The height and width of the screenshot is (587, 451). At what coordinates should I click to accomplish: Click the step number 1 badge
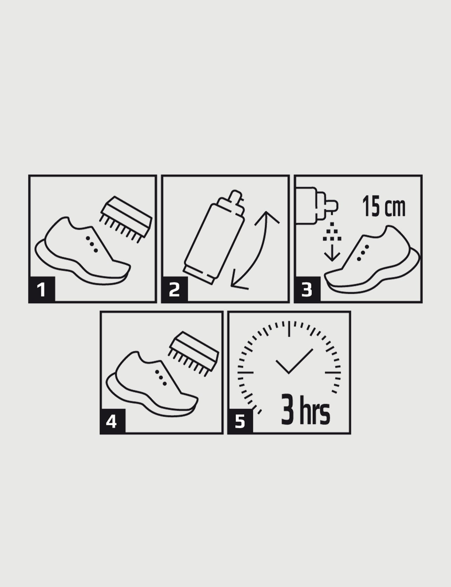42,289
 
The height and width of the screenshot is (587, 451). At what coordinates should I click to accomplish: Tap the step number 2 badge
175,289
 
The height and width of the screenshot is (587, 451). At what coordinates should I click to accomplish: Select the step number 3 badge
307,289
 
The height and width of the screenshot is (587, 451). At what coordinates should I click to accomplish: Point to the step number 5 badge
241,421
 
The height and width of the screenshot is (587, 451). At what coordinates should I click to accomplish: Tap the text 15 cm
384,207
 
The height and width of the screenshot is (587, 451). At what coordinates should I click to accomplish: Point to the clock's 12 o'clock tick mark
289,329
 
